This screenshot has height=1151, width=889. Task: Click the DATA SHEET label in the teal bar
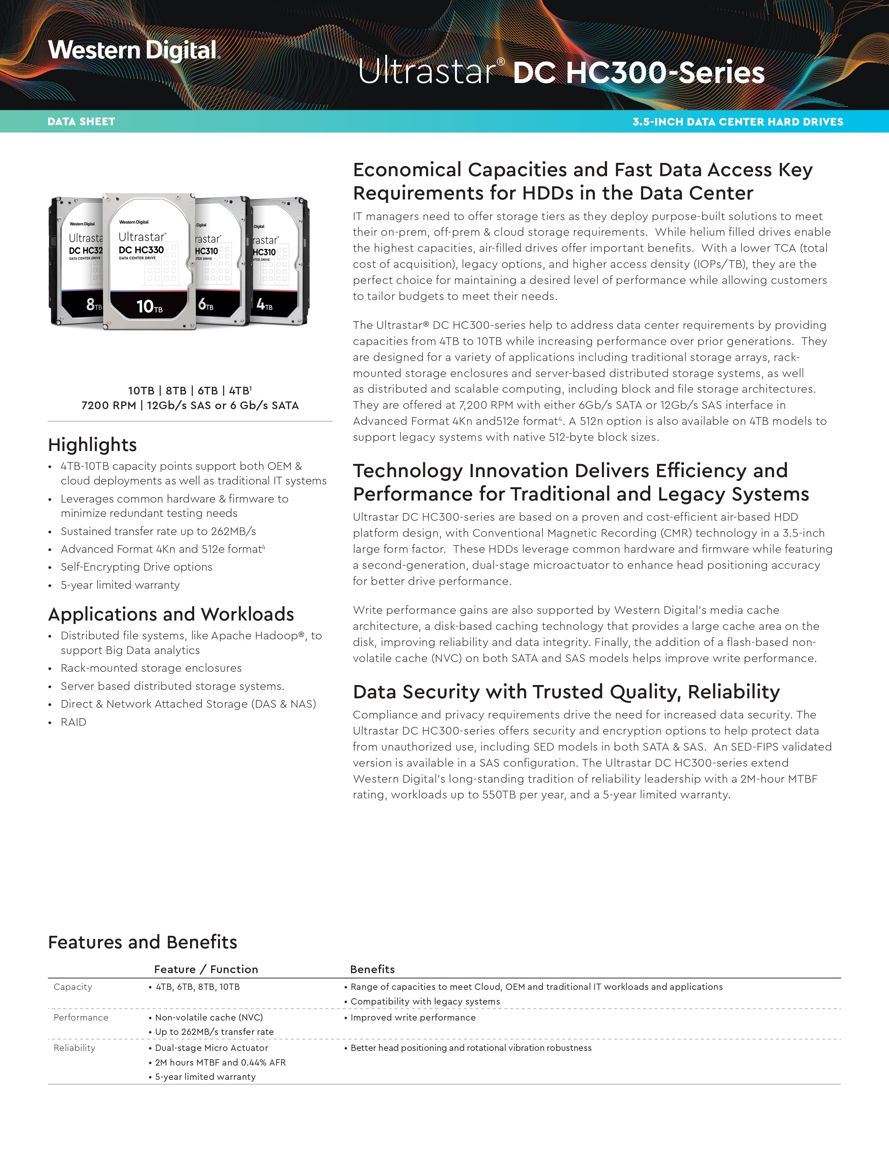(81, 122)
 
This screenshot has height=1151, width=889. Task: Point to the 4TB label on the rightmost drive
(264, 304)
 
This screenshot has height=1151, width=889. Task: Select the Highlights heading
(92, 445)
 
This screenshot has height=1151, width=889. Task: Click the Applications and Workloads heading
(170, 615)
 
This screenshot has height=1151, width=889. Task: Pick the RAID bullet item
(73, 722)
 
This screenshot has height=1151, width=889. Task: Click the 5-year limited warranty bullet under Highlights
(120, 585)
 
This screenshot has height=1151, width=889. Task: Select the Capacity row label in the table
(73, 987)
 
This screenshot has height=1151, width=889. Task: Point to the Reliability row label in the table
(74, 1048)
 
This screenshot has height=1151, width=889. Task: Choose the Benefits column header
(372, 970)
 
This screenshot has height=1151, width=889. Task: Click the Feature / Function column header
(206, 970)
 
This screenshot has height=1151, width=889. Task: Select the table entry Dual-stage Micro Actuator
(211, 1048)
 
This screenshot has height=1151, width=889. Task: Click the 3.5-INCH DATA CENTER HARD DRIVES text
(737, 122)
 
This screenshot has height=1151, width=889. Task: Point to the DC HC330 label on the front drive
(141, 250)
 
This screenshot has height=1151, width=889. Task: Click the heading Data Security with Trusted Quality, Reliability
(566, 692)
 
